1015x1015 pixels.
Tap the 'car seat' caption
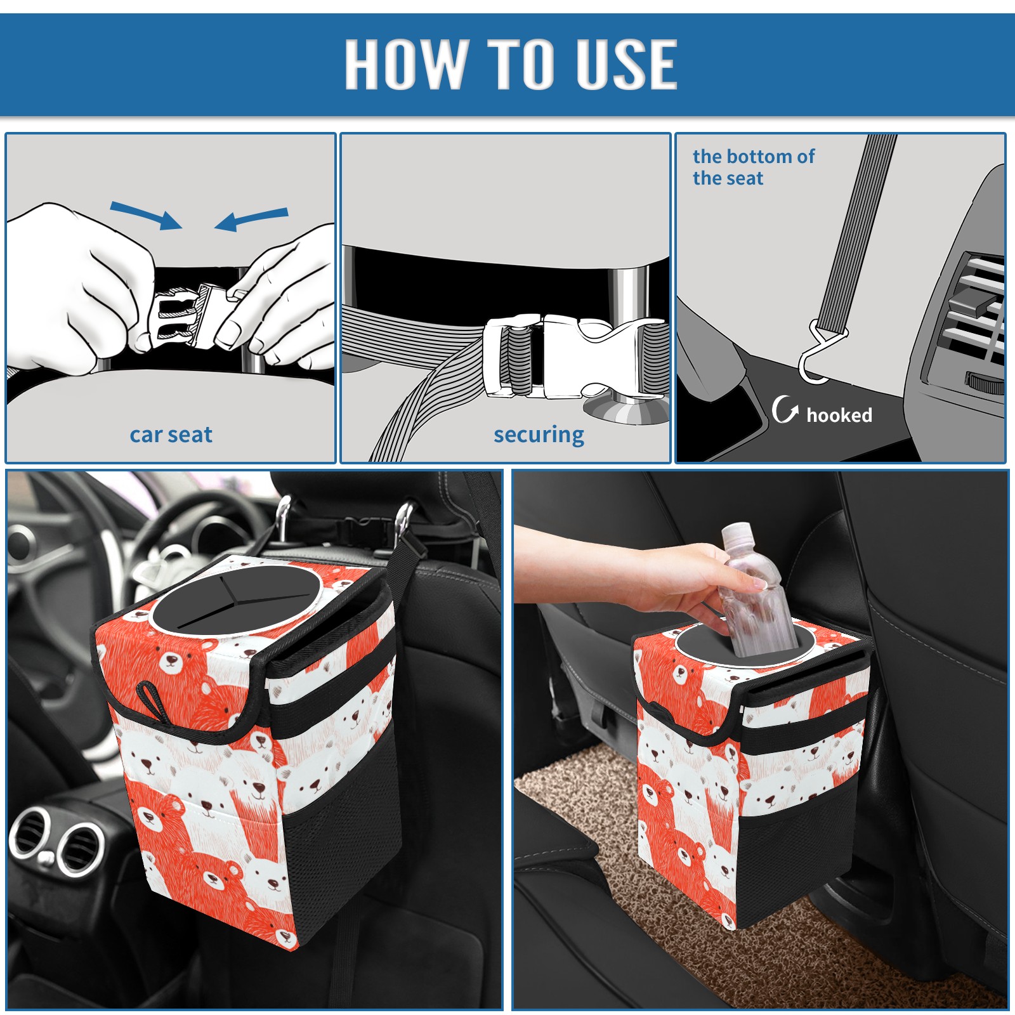[171, 435]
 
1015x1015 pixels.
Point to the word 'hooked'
[839, 415]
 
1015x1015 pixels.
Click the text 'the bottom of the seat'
[754, 167]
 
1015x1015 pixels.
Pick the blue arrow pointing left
[251, 219]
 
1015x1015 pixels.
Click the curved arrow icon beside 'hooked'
[785, 409]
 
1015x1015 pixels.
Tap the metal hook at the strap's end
[818, 355]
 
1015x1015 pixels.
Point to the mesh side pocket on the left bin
[343, 837]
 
